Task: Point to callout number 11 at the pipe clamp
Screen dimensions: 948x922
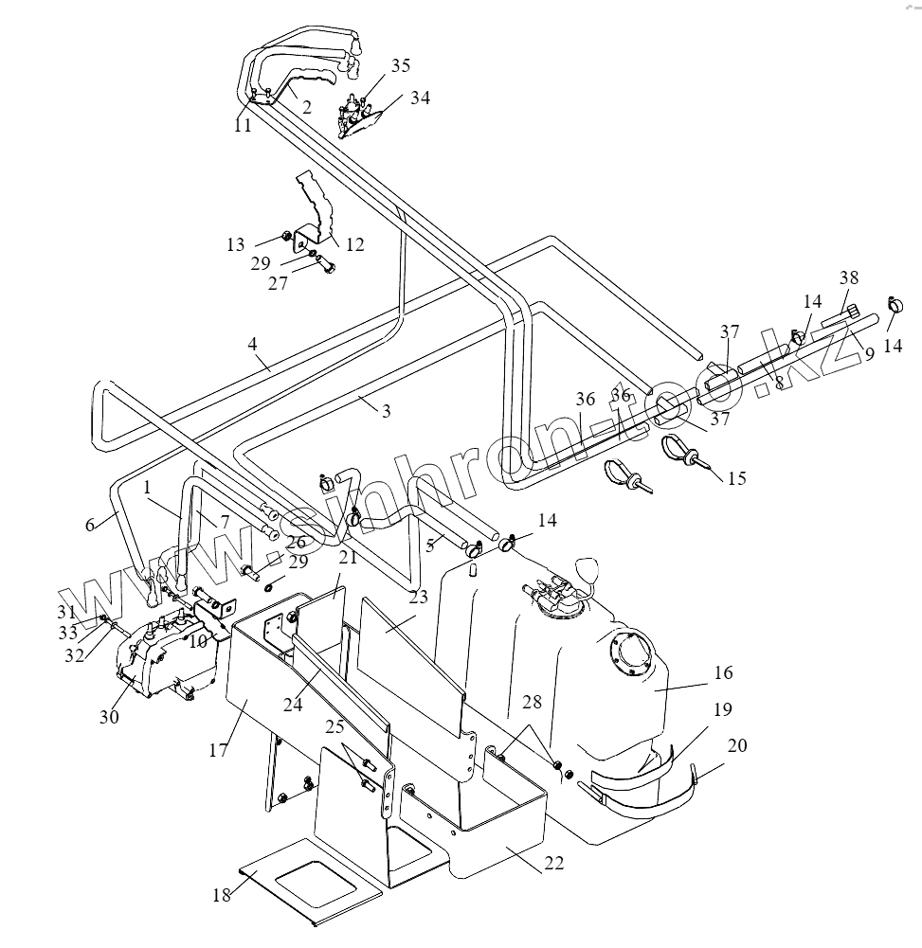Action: pos(244,125)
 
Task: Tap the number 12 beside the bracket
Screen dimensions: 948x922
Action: pos(354,245)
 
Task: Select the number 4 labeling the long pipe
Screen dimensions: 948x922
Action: pos(253,345)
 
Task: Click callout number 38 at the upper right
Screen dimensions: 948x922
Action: pos(848,278)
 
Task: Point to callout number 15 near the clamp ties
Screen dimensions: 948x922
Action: pos(736,477)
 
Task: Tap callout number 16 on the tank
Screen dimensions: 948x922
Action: pos(724,673)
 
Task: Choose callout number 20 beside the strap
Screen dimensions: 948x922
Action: pos(737,746)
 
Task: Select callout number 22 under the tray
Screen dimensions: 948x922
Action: pos(554,863)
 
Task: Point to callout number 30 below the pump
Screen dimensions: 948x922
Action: pos(109,717)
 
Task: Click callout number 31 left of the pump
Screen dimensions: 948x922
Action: pos(91,611)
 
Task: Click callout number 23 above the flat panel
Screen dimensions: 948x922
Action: pos(419,597)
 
